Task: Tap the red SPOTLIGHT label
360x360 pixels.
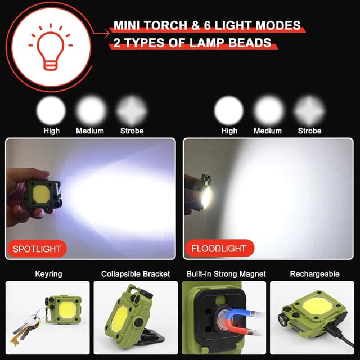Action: pos(37,248)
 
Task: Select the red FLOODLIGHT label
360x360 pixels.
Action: pos(218,248)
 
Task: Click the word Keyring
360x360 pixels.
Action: pos(48,274)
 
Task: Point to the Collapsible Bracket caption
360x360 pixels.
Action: pos(136,274)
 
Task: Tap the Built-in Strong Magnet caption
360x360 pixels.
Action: pos(226,274)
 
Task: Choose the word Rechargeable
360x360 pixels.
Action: pos(314,274)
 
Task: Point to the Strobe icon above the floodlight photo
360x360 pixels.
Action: pos(309,109)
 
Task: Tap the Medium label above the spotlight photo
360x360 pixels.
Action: pos(90,130)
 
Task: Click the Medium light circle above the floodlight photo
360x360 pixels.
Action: pos(268,109)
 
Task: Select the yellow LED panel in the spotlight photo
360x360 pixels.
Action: pos(41,193)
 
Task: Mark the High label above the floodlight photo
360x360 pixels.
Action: pos(229,130)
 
